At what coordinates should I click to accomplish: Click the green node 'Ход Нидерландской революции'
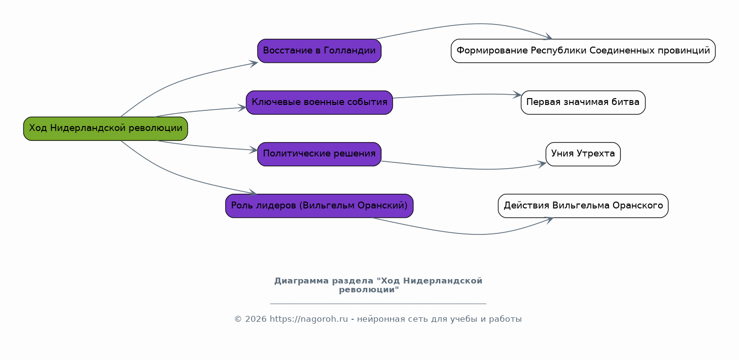click(105, 129)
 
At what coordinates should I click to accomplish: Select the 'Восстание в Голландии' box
click(319, 51)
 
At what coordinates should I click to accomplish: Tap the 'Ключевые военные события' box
click(319, 103)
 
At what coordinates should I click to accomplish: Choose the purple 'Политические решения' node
click(319, 154)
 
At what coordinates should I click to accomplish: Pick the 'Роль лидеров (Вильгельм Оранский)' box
click(319, 206)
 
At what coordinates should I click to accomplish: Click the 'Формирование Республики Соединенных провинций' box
click(583, 51)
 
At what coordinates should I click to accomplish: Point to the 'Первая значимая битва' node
click(583, 103)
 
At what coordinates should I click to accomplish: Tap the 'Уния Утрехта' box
click(583, 154)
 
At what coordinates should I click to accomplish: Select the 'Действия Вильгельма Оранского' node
click(583, 206)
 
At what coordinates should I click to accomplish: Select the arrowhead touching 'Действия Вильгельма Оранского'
click(549, 220)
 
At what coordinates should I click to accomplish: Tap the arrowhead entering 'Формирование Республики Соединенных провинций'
click(548, 37)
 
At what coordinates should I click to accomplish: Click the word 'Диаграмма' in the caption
click(301, 281)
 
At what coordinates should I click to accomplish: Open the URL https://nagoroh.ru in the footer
click(309, 319)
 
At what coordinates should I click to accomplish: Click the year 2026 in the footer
click(255, 319)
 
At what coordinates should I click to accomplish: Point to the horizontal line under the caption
click(378, 303)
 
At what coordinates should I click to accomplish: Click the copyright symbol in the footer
click(238, 319)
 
